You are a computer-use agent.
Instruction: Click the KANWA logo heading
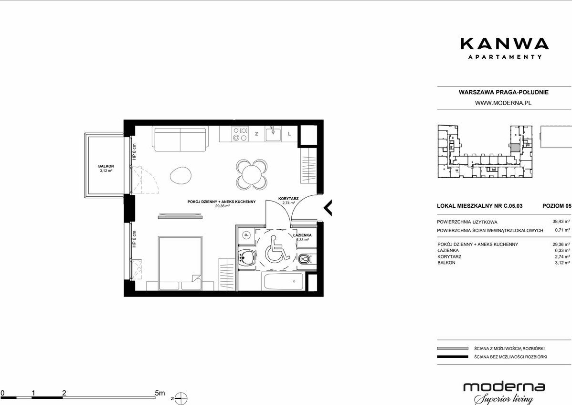(x=505, y=44)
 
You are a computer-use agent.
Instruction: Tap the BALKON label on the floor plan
(x=106, y=166)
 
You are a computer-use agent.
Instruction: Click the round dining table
(x=252, y=174)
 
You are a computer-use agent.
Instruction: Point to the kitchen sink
(x=273, y=134)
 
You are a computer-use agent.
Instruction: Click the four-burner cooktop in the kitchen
(x=240, y=134)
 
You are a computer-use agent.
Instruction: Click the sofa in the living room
(x=180, y=139)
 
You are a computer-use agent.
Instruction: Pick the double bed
(x=180, y=263)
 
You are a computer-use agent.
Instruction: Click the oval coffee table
(x=180, y=175)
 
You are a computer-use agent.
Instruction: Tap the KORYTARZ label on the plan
(x=288, y=199)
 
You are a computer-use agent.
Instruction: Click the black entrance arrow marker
(x=328, y=208)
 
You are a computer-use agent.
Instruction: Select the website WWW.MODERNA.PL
(x=503, y=103)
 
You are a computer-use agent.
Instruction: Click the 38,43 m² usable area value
(x=561, y=221)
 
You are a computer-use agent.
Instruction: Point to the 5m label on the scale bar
(x=160, y=393)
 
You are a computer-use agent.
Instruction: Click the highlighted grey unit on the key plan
(x=514, y=148)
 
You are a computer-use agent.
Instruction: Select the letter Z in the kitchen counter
(x=256, y=134)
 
